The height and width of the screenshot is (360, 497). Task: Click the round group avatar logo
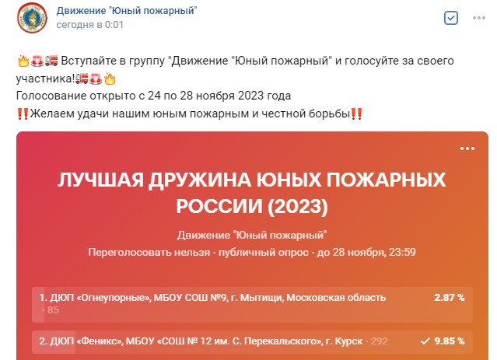(32, 18)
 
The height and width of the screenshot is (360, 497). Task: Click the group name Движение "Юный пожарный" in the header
(127, 10)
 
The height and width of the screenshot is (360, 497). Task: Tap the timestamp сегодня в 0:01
(89, 25)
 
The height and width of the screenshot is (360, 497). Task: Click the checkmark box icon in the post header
(451, 18)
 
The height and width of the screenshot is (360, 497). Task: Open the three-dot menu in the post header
(479, 18)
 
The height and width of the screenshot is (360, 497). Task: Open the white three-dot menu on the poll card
(467, 149)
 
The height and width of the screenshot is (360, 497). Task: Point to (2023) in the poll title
(298, 206)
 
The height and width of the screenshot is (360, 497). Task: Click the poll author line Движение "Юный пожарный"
(252, 235)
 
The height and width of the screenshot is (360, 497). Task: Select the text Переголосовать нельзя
(149, 252)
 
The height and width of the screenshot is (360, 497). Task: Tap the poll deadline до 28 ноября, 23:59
(366, 252)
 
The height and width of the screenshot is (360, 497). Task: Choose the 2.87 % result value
(449, 298)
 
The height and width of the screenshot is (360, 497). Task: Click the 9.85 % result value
(449, 341)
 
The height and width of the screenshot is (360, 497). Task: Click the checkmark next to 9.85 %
(425, 341)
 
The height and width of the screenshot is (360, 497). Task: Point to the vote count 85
(53, 310)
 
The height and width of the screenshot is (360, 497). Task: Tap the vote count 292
(379, 341)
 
